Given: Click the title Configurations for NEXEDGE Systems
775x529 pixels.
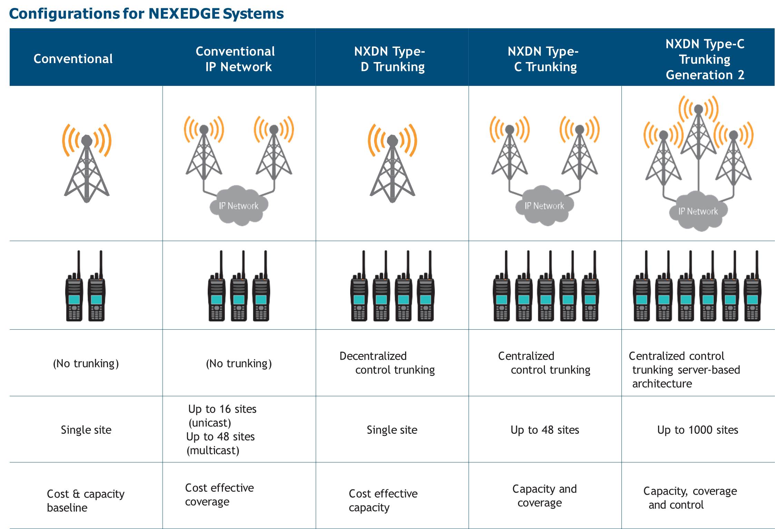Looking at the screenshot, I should [x=146, y=14].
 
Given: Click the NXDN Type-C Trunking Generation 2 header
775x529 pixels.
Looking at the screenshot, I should [x=705, y=59].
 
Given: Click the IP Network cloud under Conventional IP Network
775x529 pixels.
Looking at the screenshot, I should [x=238, y=206].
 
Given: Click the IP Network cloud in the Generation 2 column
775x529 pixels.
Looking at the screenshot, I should [x=698, y=211].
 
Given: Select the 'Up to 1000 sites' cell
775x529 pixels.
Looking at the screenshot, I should [x=697, y=430].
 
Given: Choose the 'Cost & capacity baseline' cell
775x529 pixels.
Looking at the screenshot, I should [x=85, y=500].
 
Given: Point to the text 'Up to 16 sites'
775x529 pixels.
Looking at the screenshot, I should [x=222, y=409].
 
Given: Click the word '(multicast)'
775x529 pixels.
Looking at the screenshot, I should [x=213, y=450].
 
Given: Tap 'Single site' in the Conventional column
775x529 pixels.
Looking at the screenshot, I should [x=86, y=430].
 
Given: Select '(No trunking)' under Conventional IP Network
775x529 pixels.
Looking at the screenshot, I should [x=239, y=363].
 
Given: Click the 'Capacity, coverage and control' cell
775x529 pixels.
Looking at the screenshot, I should [x=690, y=498].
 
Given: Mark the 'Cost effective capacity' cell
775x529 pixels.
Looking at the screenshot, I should [x=383, y=500].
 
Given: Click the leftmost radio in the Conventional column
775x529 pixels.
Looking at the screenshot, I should [x=74, y=293].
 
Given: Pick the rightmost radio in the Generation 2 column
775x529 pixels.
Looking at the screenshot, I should [x=753, y=293].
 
